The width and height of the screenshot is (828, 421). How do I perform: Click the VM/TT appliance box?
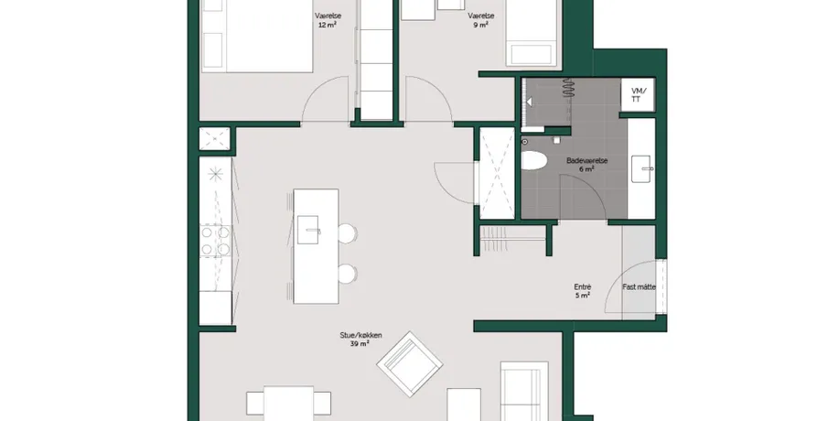click(638, 95)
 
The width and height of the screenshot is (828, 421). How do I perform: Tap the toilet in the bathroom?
click(533, 160)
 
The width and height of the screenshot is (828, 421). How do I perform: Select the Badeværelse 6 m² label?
click(586, 164)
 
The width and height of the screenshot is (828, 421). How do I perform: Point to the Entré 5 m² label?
click(583, 291)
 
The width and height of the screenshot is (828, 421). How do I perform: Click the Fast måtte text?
click(639, 286)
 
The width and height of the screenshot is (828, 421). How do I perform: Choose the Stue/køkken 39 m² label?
click(360, 340)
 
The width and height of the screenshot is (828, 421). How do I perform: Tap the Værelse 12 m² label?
click(328, 20)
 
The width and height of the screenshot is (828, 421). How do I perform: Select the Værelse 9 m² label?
click(480, 20)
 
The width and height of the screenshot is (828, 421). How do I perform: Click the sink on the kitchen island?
click(308, 230)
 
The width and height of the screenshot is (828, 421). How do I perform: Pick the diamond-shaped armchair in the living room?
click(410, 364)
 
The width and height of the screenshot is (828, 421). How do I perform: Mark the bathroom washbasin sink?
click(641, 169)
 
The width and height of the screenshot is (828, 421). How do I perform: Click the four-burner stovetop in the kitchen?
click(215, 241)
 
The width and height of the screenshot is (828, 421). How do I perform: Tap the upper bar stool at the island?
click(347, 233)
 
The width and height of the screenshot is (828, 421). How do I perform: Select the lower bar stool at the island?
click(347, 274)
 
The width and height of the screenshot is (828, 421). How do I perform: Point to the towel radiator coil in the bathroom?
click(567, 88)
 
